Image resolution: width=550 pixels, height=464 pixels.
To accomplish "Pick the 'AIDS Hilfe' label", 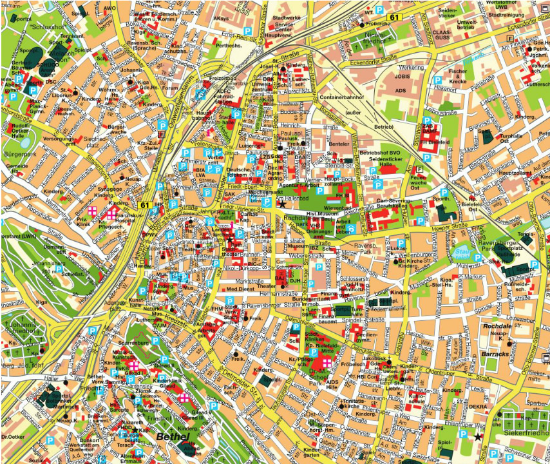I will coord(333,385).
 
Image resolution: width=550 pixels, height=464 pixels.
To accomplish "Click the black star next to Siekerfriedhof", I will coord(478,437).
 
